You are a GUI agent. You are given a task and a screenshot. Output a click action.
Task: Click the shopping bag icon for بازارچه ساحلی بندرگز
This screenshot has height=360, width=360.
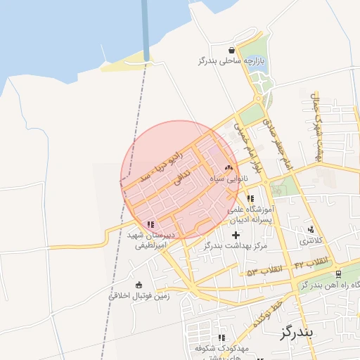[231, 50]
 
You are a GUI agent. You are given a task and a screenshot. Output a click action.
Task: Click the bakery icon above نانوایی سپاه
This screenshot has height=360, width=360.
[228, 168]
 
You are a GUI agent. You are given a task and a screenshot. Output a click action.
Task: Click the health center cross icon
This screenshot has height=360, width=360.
[236, 234]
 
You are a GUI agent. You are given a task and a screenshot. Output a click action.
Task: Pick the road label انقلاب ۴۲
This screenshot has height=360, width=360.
[311, 262]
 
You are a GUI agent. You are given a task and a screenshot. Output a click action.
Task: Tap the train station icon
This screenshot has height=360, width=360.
[338, 274]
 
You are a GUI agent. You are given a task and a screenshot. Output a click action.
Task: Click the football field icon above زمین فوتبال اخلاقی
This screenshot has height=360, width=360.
[138, 285]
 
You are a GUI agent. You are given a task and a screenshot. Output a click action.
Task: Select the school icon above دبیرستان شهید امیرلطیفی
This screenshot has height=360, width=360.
[150, 224]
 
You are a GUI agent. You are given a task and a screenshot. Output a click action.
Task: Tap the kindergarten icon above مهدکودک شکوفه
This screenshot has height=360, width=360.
[222, 338]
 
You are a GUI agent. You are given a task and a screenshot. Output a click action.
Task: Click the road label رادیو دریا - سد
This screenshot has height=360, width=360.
[162, 162]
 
